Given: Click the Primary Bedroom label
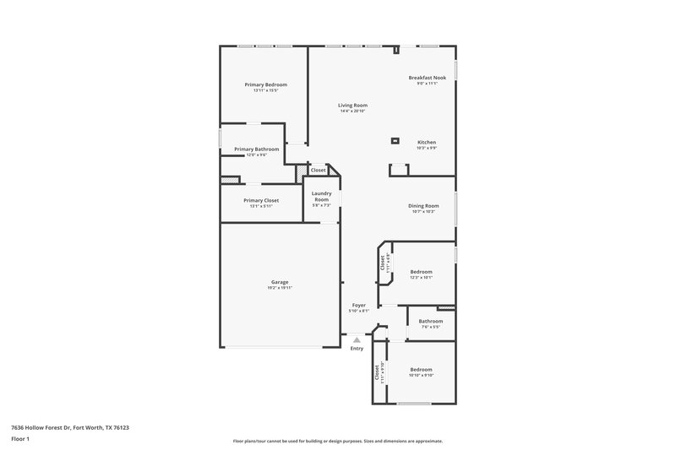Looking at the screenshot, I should click(265, 84).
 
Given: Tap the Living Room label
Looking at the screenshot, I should click(352, 105).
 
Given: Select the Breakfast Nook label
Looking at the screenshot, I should click(427, 78).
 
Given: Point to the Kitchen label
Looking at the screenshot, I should click(427, 142).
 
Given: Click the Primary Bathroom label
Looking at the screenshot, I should click(256, 149).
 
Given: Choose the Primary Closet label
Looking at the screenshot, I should click(260, 200).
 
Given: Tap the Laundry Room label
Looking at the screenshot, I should click(321, 196).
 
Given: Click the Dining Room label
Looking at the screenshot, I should click(423, 205).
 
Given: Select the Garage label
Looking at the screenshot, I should click(280, 282).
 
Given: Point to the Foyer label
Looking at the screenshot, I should click(358, 305).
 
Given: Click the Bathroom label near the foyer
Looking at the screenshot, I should click(430, 321).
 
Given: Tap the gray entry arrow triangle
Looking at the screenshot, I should click(357, 340).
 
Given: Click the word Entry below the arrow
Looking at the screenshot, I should click(357, 349).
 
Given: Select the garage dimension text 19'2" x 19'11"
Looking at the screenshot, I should click(280, 288).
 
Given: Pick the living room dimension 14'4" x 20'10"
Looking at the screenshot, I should click(352, 111).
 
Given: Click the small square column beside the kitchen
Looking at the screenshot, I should click(395, 140).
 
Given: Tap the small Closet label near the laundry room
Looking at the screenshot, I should click(318, 171).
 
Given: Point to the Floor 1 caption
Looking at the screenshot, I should click(20, 440).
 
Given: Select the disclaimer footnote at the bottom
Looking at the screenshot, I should click(337, 441).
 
